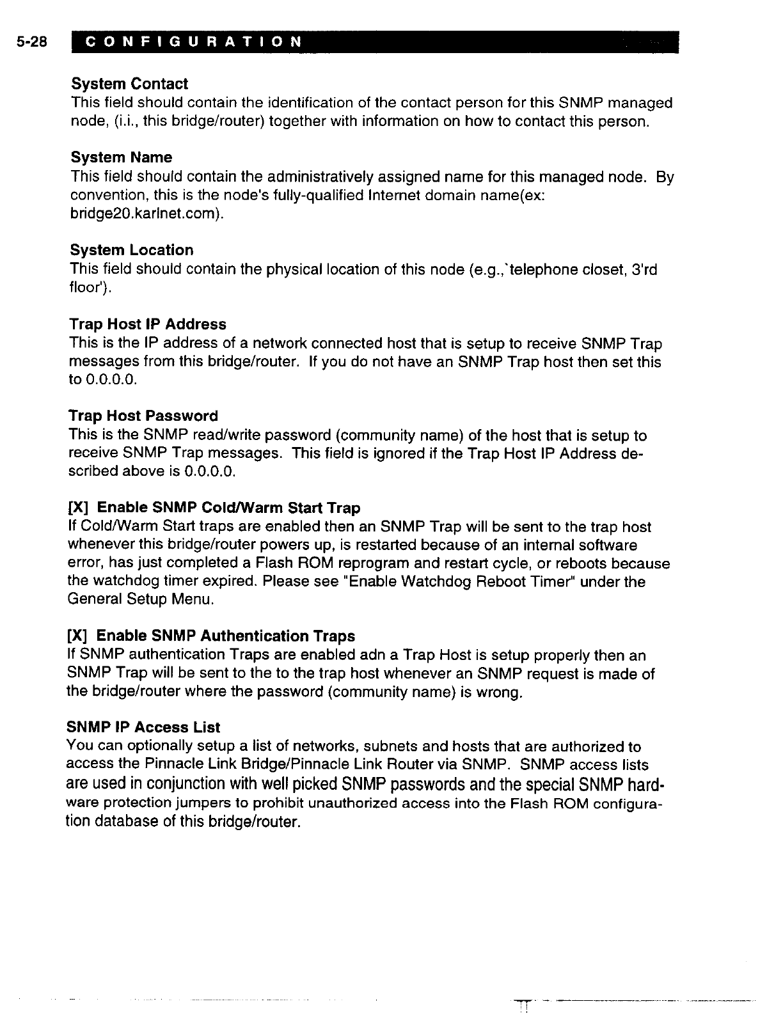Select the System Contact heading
click(x=129, y=84)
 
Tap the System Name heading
click(x=121, y=157)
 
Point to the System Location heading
click(x=132, y=250)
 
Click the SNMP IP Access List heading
click(x=143, y=727)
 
